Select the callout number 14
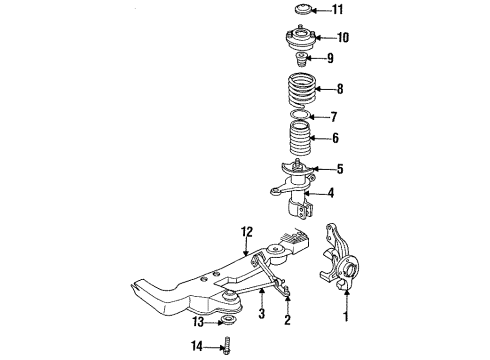(x=197, y=346)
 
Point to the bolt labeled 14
(x=228, y=346)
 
